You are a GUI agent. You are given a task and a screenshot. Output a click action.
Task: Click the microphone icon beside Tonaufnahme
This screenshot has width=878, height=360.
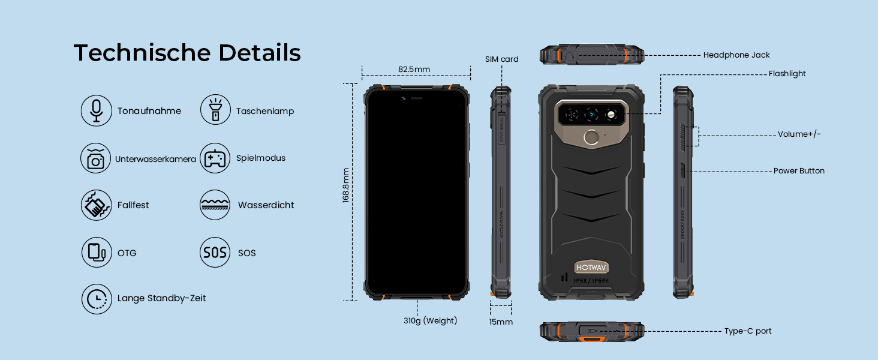pos(96,110)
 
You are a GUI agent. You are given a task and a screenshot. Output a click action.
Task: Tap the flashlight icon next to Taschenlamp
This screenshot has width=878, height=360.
pos(215,110)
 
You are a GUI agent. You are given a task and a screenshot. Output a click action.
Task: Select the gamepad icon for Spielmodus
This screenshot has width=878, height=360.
pos(215,158)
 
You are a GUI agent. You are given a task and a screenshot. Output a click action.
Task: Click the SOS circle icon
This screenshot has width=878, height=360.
pos(215,253)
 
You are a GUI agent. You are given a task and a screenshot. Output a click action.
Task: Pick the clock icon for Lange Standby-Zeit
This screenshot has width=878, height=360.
pos(96,299)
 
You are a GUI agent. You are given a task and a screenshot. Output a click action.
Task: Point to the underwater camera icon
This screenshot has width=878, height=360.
pos(96,158)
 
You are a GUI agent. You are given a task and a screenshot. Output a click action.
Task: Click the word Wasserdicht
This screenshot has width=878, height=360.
pos(266,205)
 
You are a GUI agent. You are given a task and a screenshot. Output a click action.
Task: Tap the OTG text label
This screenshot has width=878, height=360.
pos(127,253)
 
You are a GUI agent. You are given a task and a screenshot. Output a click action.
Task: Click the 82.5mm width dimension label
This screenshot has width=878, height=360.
pos(414,69)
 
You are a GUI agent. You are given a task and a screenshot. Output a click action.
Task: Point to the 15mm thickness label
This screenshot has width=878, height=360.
pos(501,322)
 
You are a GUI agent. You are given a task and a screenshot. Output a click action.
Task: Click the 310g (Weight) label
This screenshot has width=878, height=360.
pos(430,321)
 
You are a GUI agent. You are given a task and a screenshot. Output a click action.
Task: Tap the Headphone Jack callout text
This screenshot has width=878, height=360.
pos(736,55)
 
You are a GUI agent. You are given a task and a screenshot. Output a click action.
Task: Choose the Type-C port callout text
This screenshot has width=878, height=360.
pos(748,331)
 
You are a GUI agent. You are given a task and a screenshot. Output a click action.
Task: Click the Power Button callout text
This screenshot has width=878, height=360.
pos(799,171)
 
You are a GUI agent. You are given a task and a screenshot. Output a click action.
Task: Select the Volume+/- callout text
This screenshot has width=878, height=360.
pos(799,134)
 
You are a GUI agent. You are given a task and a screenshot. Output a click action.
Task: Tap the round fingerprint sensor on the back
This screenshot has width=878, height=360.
pos(593,138)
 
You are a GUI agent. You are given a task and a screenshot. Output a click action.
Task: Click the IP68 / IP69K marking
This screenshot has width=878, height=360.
pos(592,280)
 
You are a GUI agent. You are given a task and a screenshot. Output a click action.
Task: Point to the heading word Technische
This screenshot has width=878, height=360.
pos(142,53)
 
